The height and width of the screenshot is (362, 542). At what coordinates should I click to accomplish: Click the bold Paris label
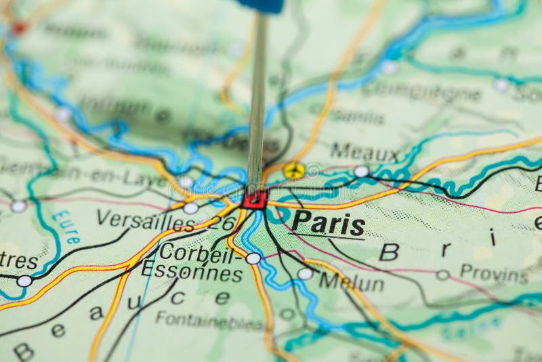point(329,224)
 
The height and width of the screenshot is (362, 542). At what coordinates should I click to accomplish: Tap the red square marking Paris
point(255,199)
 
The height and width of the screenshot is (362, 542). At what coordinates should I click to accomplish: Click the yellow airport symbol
point(293,171)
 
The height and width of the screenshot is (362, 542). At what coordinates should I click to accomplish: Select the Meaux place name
point(364,151)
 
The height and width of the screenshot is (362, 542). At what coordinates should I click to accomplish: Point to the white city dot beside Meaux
point(362,172)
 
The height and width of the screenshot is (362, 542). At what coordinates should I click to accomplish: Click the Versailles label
point(146,219)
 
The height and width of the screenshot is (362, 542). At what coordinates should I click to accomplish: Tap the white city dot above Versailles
point(191,208)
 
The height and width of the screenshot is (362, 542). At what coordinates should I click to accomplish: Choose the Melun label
point(351,281)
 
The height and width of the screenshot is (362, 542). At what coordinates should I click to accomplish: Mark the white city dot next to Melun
point(306,273)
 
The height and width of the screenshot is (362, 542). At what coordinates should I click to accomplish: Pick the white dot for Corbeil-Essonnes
point(253,258)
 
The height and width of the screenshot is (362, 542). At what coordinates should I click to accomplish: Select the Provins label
point(493,274)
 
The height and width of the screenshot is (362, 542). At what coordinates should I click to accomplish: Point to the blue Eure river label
point(66,227)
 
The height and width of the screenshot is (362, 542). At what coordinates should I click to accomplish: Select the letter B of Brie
point(389,252)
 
